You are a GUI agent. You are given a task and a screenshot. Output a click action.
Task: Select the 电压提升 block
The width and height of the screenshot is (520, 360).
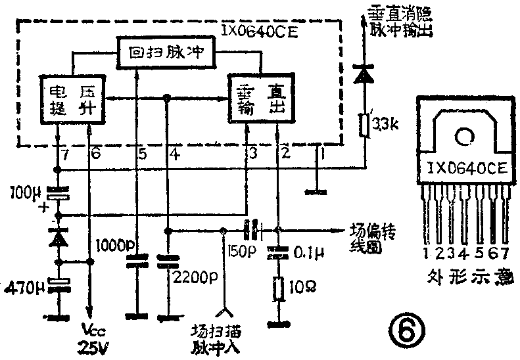[73, 99]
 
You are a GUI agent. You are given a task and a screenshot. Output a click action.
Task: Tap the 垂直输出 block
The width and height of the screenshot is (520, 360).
[261, 99]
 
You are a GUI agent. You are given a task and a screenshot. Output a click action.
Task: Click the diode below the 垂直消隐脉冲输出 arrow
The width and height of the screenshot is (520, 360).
[362, 74]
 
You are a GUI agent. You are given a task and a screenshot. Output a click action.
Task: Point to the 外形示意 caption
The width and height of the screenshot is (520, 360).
[467, 277]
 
